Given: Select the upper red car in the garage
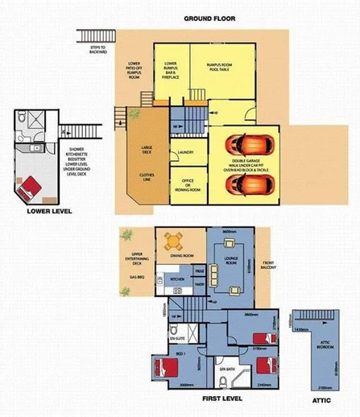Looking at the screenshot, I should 245,144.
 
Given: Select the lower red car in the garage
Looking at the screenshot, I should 245,184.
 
